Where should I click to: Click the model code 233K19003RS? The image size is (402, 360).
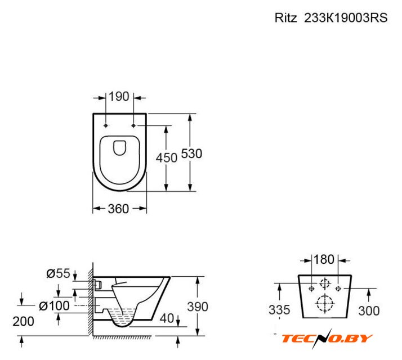pyautogui.click(x=346, y=18)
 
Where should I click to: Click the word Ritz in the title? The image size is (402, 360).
pyautogui.click(x=285, y=18)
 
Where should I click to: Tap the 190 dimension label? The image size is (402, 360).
pyautogui.click(x=119, y=97)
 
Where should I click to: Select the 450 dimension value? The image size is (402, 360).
pyautogui.click(x=167, y=158)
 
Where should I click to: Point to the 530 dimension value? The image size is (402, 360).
pyautogui.click(x=192, y=154)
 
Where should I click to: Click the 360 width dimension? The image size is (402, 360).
pyautogui.click(x=118, y=209)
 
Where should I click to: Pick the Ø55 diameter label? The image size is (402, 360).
pyautogui.click(x=58, y=273)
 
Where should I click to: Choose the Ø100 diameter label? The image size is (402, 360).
pyautogui.click(x=54, y=305)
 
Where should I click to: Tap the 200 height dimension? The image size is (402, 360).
pyautogui.click(x=23, y=321)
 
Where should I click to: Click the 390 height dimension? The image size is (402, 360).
pyautogui.click(x=198, y=307)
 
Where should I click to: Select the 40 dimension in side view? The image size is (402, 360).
pyautogui.click(x=167, y=318)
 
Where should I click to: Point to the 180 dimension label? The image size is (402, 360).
pyautogui.click(x=324, y=259)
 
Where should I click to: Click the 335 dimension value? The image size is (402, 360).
pyautogui.click(x=279, y=310)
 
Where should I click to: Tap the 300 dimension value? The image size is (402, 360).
pyautogui.click(x=369, y=311)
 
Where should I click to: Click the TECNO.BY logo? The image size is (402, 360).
pyautogui.click(x=327, y=339)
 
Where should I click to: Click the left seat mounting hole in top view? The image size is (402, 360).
pyautogui.click(x=106, y=125)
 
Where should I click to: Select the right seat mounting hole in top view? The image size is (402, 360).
pyautogui.click(x=133, y=125)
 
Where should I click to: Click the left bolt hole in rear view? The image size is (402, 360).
pyautogui.click(x=311, y=289)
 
